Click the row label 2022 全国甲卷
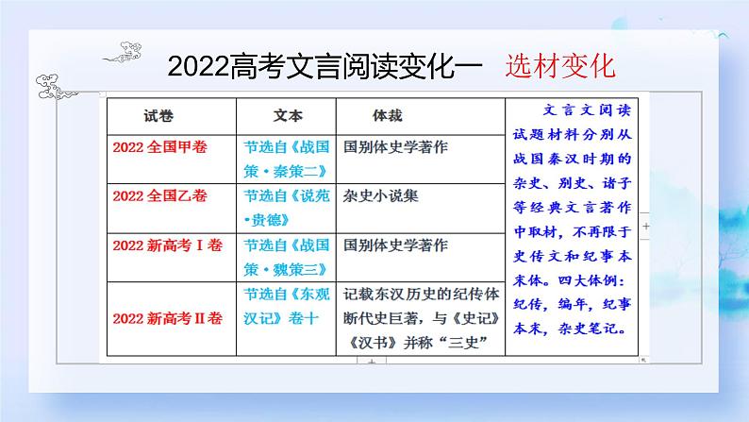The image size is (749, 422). (159, 147)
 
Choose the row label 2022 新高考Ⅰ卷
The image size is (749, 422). (165, 245)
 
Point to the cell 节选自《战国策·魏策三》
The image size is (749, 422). (286, 254)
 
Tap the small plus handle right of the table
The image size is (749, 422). (645, 228)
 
